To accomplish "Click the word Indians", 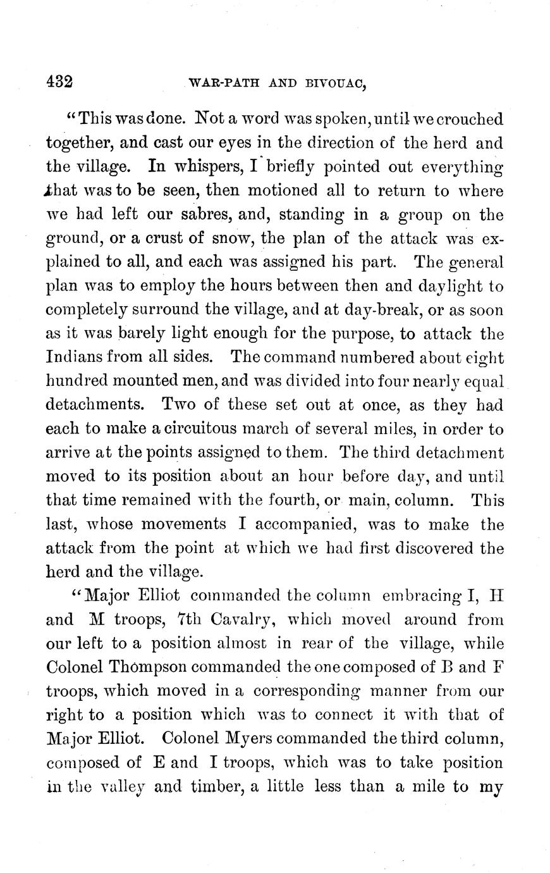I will [x=78, y=358].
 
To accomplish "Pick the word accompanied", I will [x=296, y=525].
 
